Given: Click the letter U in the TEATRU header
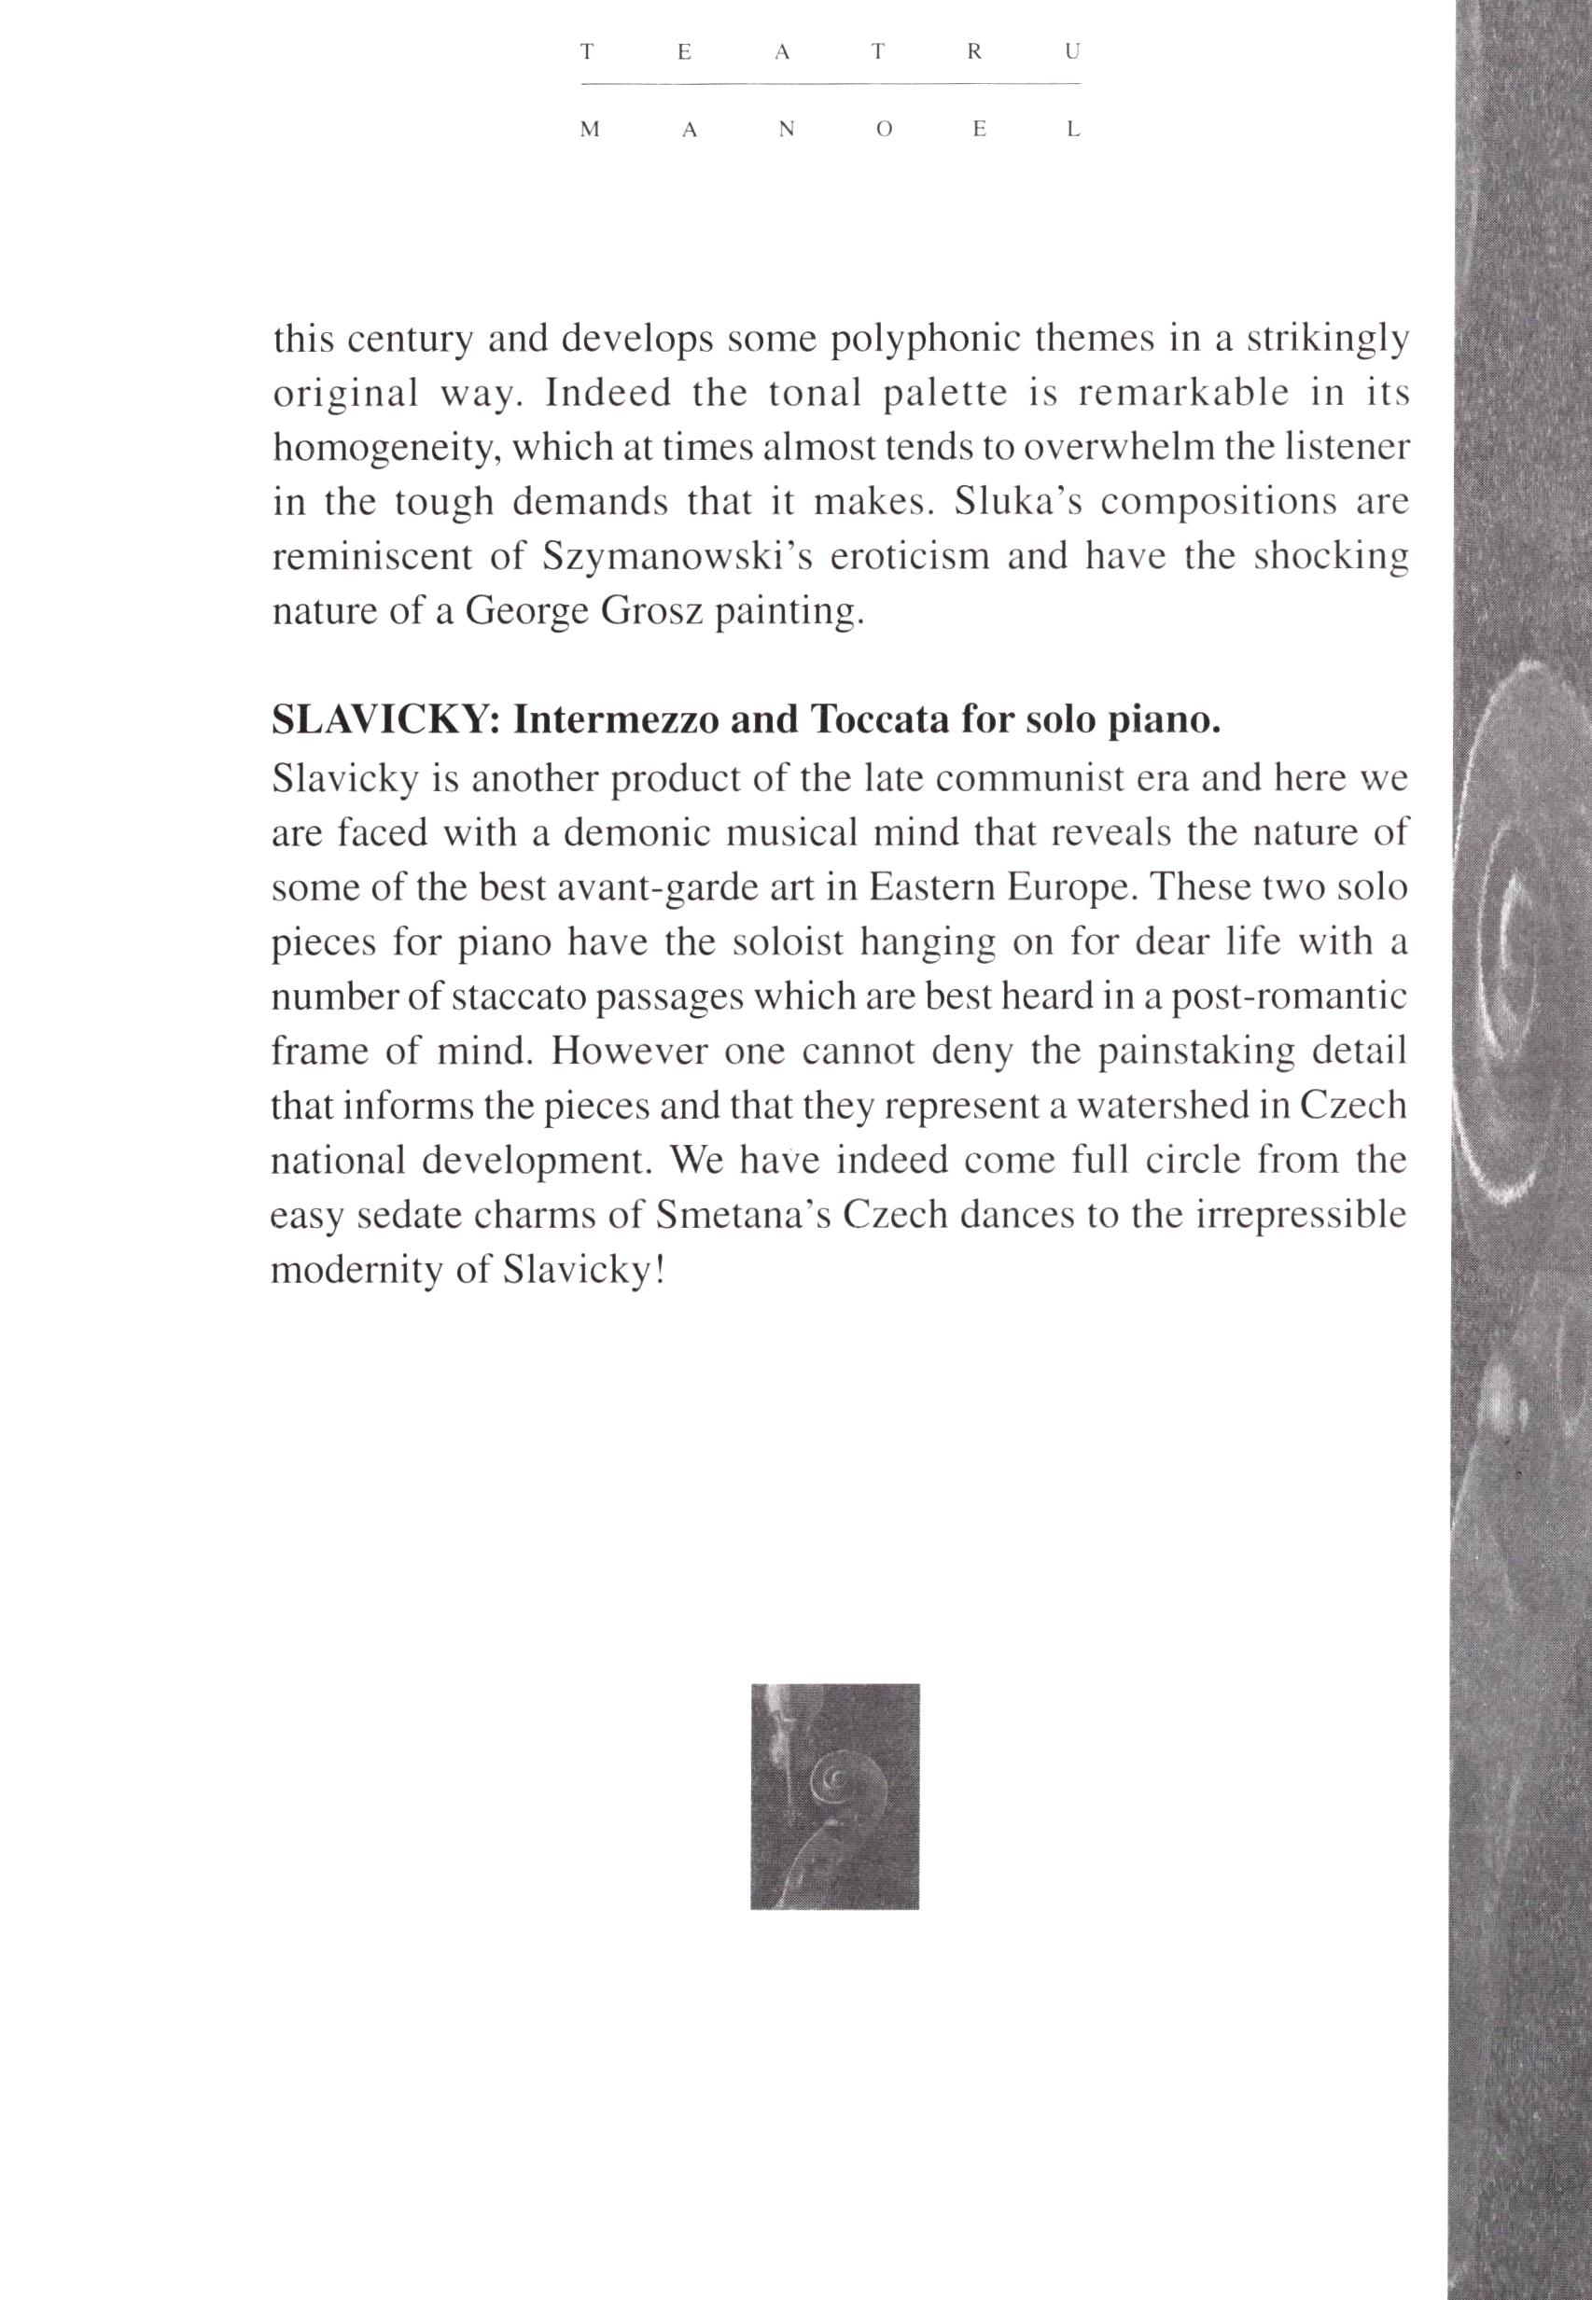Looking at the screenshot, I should point(1071,55).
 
